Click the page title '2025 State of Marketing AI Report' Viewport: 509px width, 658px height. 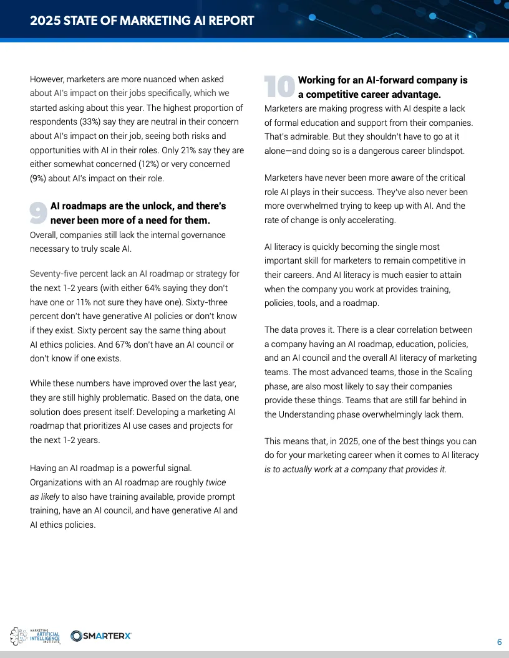tap(142, 21)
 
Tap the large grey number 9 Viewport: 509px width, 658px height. tap(39, 212)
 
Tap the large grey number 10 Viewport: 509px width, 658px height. tap(279, 87)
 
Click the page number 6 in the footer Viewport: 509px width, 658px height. tap(499, 642)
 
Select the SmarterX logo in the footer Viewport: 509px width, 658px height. tap(101, 636)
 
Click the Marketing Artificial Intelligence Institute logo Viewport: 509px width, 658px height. tap(36, 636)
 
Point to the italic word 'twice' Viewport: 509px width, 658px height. tap(216, 482)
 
